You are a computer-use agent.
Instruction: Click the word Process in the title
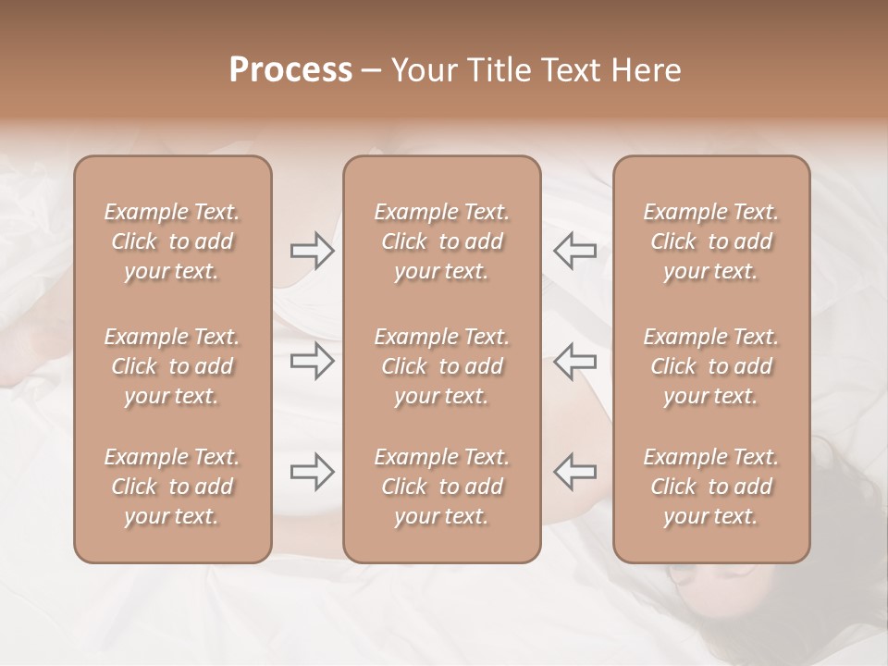point(290,70)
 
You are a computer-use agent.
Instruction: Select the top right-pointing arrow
point(313,251)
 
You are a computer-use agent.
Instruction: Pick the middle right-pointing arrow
point(313,361)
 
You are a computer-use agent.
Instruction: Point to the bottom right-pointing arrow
point(313,471)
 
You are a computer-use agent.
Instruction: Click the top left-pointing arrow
point(574,251)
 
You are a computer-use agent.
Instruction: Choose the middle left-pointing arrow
point(574,361)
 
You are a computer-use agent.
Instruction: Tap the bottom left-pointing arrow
point(574,471)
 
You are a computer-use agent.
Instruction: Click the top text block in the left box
point(172,241)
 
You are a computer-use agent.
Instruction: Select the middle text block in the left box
point(172,366)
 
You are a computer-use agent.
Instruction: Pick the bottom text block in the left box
point(172,487)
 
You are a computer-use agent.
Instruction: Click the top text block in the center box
point(441,241)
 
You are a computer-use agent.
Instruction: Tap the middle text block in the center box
point(441,366)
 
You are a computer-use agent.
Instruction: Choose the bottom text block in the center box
point(441,487)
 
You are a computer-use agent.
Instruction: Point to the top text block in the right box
point(711,241)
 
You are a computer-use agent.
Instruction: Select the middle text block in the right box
point(711,366)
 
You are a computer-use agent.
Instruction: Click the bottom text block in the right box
point(711,487)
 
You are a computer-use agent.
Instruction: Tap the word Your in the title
point(422,70)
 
